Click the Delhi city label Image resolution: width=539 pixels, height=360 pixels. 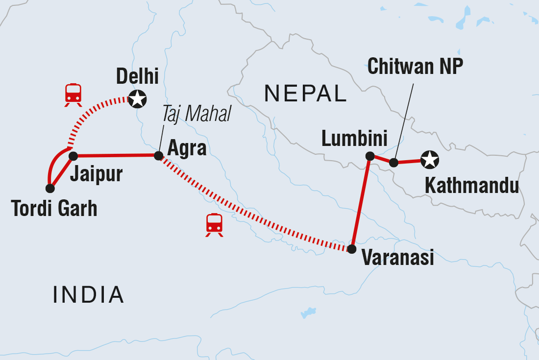pos(137,77)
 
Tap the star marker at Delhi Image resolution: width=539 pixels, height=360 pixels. pos(137,99)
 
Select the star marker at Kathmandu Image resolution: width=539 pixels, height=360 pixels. pos(430,159)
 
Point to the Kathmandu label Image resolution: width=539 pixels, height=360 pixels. pos(471,186)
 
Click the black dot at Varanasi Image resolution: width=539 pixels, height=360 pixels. pos(351,249)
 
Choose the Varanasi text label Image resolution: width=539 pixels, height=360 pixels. pos(398,257)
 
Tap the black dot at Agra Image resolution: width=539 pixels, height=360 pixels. pos(158,156)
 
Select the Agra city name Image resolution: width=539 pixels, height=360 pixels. pos(187,148)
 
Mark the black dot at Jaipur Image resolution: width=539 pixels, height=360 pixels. pos(73,156)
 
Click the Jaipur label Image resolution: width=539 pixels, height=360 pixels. pos(96,174)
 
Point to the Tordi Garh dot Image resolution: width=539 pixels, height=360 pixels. pos(49,188)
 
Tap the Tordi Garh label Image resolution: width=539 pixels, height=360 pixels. pos(54,209)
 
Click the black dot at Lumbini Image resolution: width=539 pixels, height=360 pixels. pos(370,156)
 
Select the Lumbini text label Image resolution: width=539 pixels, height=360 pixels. pos(354,139)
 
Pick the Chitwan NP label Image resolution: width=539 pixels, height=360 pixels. pos(415,67)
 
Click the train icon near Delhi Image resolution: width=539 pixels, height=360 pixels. pos(73,95)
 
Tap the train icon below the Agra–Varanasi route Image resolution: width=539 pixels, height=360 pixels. pos(214,225)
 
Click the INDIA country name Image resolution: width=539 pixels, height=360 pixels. pos(88,294)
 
